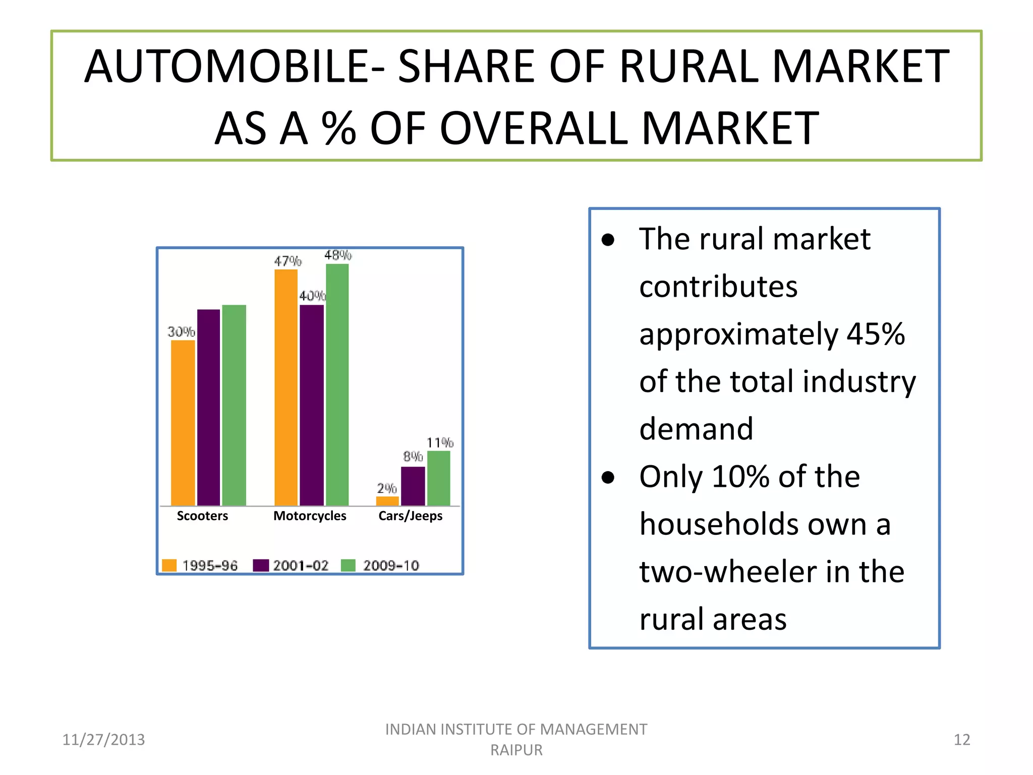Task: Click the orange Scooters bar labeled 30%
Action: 183,423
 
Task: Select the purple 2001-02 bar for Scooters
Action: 208,408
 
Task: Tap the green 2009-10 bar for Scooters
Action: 234,405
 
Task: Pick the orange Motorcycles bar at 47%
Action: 286,387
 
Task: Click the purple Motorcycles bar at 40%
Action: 312,405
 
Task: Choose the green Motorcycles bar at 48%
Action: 337,384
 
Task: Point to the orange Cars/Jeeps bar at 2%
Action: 387,501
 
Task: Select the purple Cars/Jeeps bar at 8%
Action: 413,486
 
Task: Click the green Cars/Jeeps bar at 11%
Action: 439,478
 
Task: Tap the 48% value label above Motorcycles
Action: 338,255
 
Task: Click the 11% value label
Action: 440,443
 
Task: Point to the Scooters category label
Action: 202,516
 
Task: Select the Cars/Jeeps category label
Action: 410,516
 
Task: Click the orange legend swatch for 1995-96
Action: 169,565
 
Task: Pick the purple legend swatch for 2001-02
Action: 261,565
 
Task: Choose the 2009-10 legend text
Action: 391,566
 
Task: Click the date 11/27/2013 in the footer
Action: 103,740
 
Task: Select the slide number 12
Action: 962,740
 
